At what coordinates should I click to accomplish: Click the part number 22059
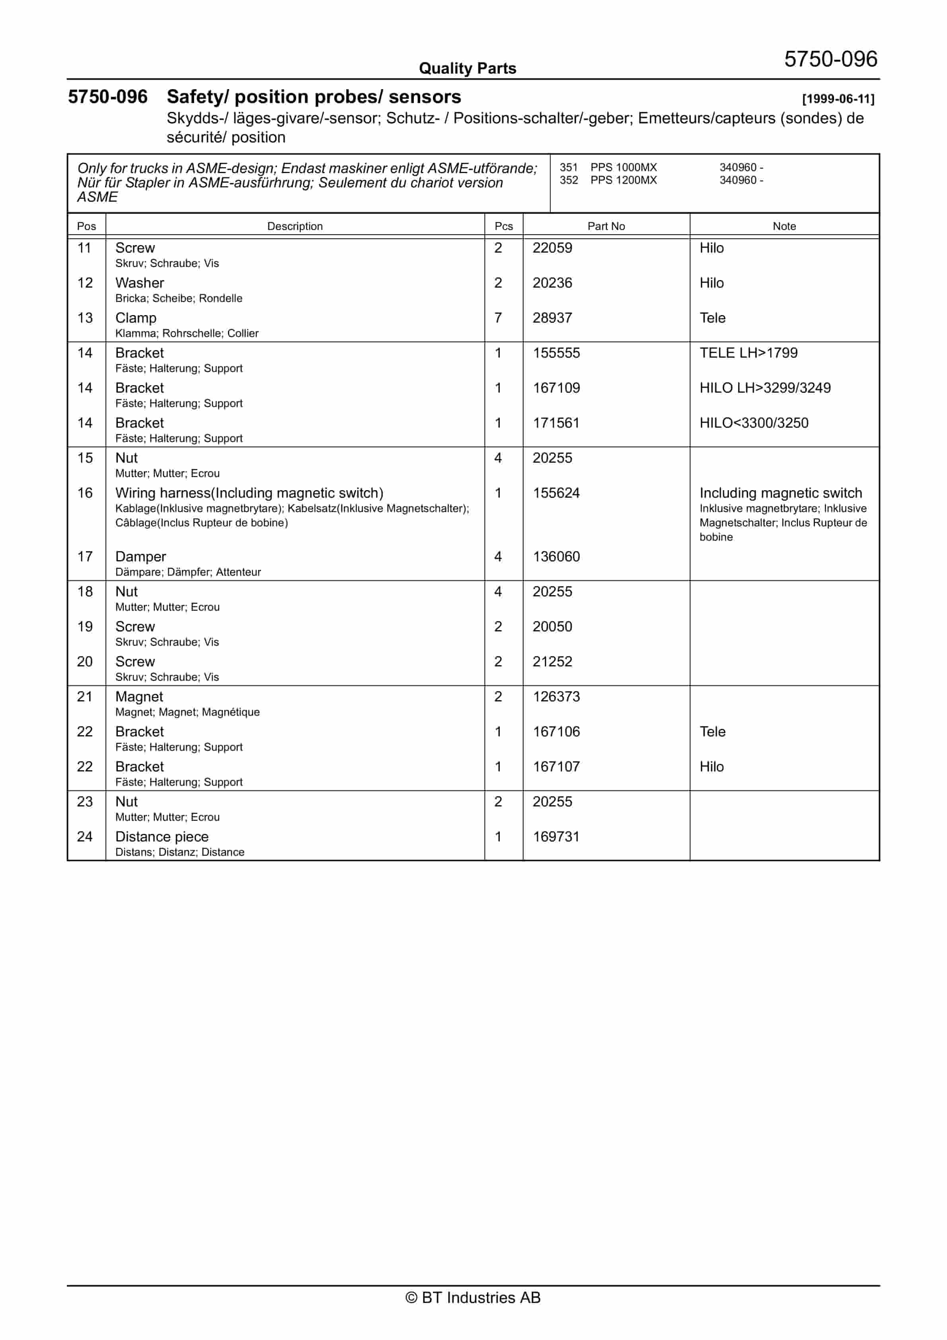pos(552,248)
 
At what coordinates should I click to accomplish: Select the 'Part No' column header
pos(606,226)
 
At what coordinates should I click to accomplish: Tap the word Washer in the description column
pos(140,283)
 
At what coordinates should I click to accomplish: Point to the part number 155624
pos(556,493)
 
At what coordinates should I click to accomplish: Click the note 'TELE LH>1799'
pos(748,353)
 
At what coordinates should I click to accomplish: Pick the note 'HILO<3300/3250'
pos(754,423)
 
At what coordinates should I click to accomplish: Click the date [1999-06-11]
pos(838,99)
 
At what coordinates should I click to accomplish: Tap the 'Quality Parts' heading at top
pos(468,69)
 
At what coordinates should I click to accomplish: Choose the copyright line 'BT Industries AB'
pos(473,1297)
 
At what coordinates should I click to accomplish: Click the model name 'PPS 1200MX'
pos(624,180)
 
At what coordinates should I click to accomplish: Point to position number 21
pos(85,697)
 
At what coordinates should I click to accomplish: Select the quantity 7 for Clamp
pos(498,318)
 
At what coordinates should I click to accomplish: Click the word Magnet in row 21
pos(139,697)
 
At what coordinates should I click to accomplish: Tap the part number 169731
pos(556,837)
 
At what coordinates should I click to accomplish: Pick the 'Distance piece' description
pos(162,837)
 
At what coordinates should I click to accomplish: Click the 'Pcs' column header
pos(503,226)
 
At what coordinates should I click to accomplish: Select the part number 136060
pos(556,557)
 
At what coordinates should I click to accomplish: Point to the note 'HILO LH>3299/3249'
pos(765,388)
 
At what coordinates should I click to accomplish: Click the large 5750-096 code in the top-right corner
pos(830,60)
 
